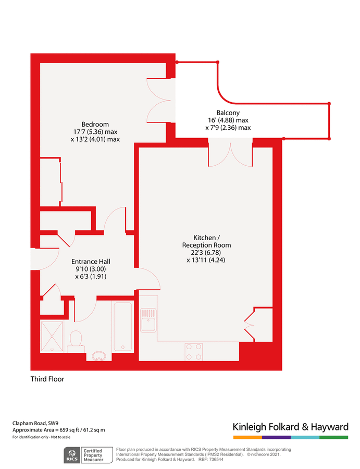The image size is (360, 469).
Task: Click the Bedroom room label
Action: coord(91,124)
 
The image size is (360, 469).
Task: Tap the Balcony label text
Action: coord(228,113)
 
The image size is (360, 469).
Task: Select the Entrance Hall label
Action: coord(91,262)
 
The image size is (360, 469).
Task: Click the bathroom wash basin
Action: coord(99,356)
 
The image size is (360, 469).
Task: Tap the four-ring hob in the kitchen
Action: coord(194,351)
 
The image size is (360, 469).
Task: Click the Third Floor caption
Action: coord(47,379)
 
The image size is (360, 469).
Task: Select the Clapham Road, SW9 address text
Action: coord(35,423)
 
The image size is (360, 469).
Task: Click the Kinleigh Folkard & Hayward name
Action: coord(290,427)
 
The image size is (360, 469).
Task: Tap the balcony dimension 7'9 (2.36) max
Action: coord(229,128)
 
